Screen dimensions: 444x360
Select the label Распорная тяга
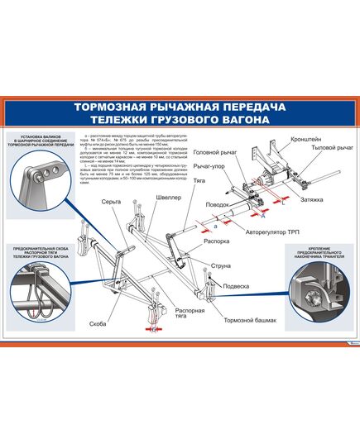click(x=190, y=316)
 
